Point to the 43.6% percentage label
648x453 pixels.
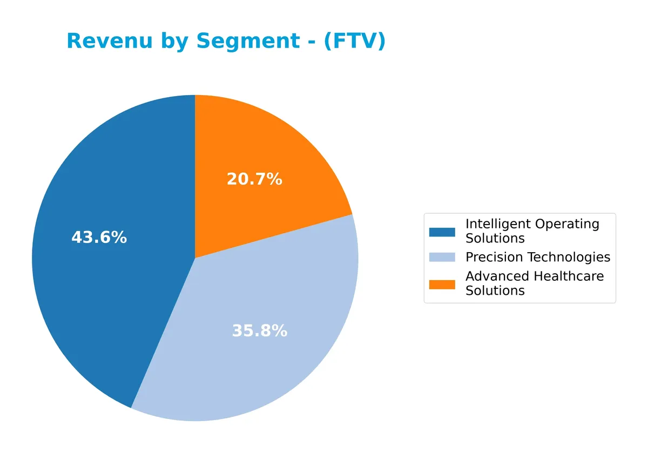click(x=99, y=238)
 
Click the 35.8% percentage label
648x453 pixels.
click(x=259, y=331)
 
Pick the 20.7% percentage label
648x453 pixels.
click(x=254, y=179)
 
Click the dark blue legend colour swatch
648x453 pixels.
click(x=442, y=232)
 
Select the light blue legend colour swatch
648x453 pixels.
click(x=442, y=258)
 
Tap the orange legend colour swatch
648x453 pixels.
click(x=442, y=284)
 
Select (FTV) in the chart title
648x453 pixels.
click(x=354, y=42)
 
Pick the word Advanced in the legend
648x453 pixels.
click(x=497, y=276)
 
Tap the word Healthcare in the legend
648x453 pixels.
click(x=569, y=276)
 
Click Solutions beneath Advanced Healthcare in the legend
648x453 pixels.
click(x=495, y=290)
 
